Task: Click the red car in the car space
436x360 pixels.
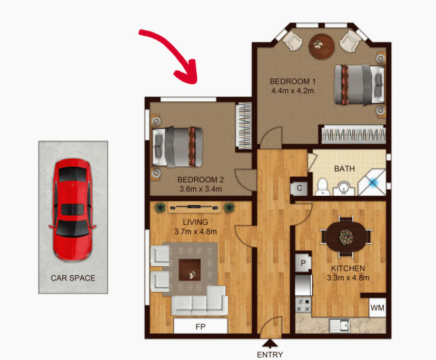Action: click(x=73, y=209)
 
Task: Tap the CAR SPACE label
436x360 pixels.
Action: click(x=73, y=277)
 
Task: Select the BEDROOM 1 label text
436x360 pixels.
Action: click(x=292, y=82)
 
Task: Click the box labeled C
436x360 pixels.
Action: click(x=299, y=188)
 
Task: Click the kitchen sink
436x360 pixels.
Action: click(x=339, y=325)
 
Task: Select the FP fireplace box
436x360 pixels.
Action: click(x=201, y=326)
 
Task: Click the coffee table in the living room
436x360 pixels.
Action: click(x=190, y=269)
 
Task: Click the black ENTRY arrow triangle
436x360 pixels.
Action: click(x=270, y=343)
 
